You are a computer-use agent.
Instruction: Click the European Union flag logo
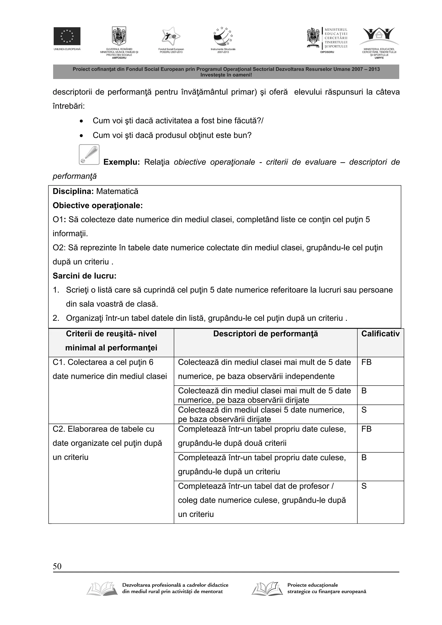67,36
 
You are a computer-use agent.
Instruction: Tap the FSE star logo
171,36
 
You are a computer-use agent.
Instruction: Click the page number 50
57,567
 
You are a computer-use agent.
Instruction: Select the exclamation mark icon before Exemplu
89,155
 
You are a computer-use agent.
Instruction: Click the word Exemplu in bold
122,162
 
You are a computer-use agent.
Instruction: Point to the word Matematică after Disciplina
117,191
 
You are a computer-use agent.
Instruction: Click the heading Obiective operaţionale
98,206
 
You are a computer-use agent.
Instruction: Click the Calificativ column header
380,334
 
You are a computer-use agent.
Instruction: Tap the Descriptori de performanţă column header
265,334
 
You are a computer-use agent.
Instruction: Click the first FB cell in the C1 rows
366,362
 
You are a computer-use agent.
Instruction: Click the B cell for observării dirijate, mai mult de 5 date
364,391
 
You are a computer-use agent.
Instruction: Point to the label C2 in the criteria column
58,429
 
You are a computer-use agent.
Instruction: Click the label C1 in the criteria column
58,362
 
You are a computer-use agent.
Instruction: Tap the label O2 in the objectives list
58,248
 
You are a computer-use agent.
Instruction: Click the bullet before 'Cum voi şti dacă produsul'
81,135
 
